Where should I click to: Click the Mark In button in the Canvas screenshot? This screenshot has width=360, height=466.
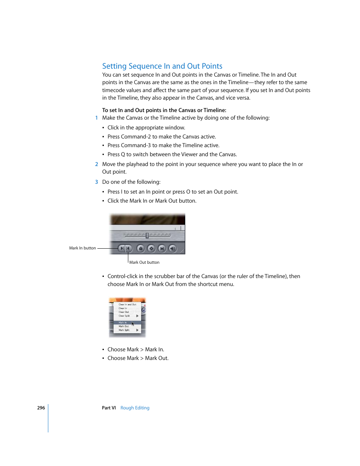point(122,248)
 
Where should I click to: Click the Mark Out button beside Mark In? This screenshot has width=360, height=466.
point(128,248)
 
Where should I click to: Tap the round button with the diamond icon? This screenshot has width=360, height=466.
point(151,248)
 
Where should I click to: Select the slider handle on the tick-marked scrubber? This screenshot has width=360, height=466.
point(147,235)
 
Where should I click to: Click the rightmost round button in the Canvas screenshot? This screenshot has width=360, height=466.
point(172,248)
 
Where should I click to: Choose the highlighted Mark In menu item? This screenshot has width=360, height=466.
point(123,323)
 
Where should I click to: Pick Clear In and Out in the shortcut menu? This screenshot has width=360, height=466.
point(128,305)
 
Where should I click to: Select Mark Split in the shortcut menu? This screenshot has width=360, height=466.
point(124,330)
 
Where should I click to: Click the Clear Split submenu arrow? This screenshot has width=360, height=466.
point(137,316)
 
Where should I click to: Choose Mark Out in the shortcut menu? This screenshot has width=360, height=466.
point(124,326)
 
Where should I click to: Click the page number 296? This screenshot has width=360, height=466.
point(41,408)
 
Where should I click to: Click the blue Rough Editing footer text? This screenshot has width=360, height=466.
point(135,408)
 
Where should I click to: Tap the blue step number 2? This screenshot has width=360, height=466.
point(97,164)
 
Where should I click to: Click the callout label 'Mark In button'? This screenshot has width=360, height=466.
point(82,248)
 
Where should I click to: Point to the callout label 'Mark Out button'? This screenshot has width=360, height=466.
point(144,263)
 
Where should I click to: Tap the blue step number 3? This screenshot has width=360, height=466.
point(97,182)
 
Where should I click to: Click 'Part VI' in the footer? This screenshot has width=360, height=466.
point(109,408)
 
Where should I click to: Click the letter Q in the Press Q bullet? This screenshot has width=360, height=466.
point(123,154)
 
